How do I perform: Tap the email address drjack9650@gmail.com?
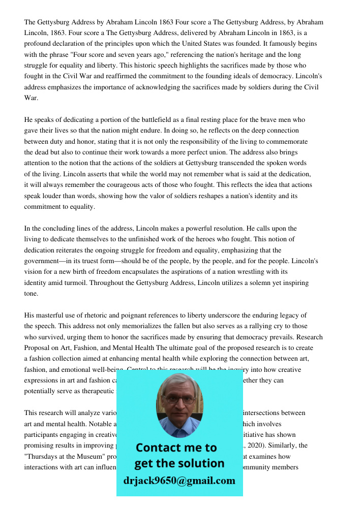point(179,481)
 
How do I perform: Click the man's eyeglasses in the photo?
point(179,400)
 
